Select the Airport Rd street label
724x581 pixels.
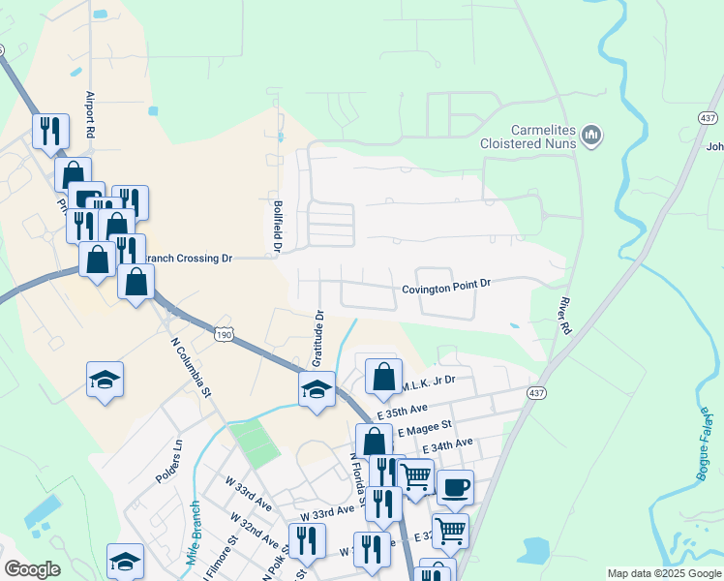[91, 111]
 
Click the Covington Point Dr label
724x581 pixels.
[447, 284]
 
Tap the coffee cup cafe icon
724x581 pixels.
[454, 486]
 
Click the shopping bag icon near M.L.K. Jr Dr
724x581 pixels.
[384, 376]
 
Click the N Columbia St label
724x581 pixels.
[191, 367]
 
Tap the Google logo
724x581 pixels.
[32, 569]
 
